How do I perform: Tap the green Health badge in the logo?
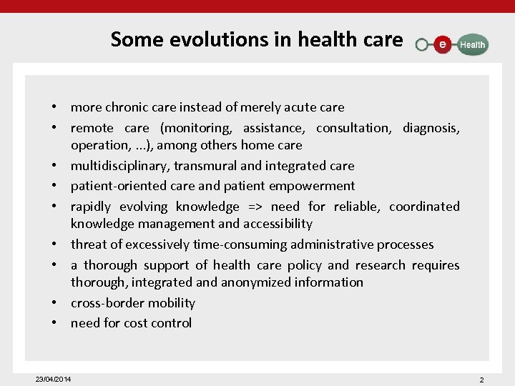(471, 44)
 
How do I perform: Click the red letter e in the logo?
(443, 44)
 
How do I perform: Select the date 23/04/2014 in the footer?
(54, 378)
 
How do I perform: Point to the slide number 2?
(481, 380)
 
